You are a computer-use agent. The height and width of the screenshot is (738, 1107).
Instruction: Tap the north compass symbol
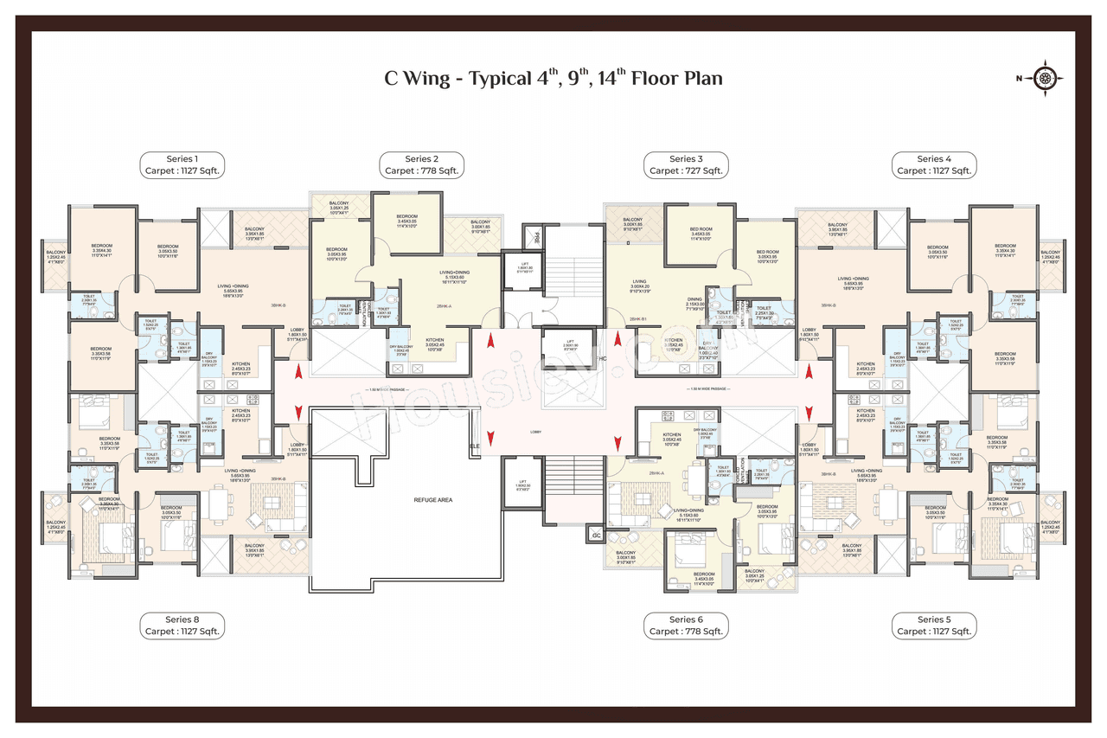1045,79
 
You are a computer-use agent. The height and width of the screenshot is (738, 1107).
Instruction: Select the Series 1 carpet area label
182,164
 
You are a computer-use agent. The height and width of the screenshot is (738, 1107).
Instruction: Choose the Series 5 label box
934,626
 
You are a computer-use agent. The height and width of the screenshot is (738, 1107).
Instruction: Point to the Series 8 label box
182,626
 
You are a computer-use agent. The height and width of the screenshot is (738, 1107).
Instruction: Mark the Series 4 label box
934,164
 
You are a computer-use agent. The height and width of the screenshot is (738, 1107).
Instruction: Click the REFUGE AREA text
432,500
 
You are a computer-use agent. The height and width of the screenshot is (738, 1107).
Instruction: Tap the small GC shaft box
596,536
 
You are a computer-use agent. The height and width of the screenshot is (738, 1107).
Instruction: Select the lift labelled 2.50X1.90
570,344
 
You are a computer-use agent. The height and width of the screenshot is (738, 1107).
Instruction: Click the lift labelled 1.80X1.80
524,269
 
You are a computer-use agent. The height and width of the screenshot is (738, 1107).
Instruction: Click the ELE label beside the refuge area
474,446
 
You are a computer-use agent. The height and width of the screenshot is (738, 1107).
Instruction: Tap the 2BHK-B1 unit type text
640,320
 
